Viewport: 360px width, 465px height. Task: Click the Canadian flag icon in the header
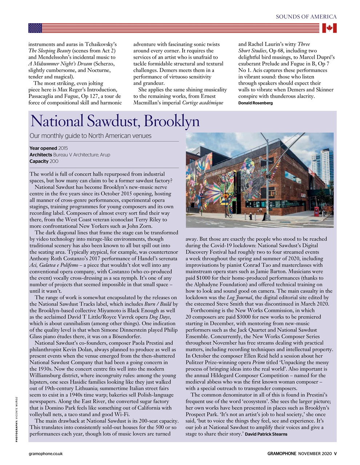click(x=329, y=28)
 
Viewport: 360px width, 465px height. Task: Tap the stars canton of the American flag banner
click(x=35, y=28)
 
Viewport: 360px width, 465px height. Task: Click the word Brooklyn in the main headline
click(x=172, y=121)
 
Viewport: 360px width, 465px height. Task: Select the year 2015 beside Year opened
click(x=63, y=148)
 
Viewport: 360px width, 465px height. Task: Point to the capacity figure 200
click(x=54, y=161)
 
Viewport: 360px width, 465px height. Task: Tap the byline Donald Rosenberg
click(x=255, y=103)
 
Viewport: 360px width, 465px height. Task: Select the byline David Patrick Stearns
click(x=266, y=434)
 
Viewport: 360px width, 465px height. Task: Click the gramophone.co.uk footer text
click(x=45, y=453)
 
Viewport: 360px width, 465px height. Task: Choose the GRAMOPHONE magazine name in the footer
click(x=282, y=453)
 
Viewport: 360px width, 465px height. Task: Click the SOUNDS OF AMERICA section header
click(x=306, y=17)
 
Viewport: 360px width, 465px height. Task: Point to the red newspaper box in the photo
click(x=316, y=211)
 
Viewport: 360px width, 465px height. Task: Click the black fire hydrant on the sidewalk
click(x=250, y=217)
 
